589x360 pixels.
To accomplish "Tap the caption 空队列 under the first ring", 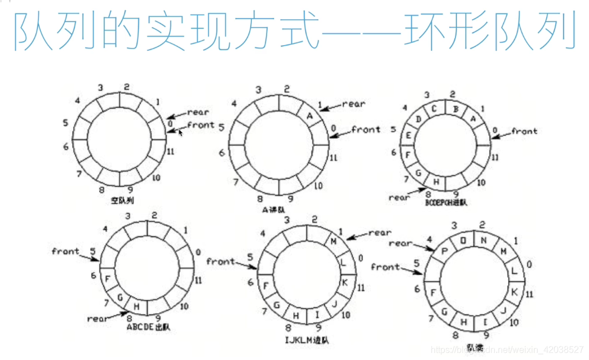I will [x=122, y=200].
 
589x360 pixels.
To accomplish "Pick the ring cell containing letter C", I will [x=435, y=109].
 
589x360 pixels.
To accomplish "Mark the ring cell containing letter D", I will [x=419, y=119].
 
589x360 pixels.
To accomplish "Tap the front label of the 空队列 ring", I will [x=200, y=125].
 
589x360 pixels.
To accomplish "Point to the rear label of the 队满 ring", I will [x=401, y=243].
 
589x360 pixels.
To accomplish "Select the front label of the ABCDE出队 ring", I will [x=65, y=251].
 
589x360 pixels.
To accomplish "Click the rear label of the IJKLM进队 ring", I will [x=379, y=232].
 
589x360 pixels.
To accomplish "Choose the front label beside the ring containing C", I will [x=524, y=131].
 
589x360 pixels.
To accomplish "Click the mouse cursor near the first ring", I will [x=180, y=133].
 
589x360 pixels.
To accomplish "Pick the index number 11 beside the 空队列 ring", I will [x=171, y=151].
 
